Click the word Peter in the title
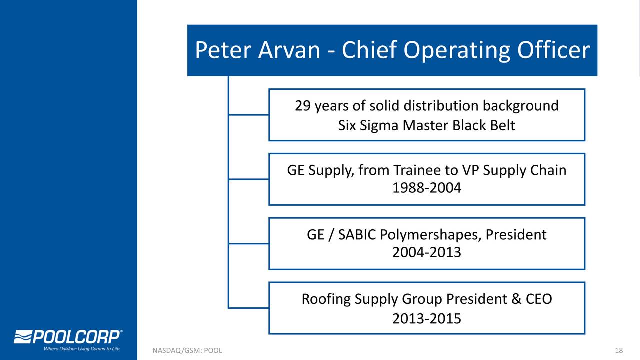tap(223, 50)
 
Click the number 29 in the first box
tap(303, 106)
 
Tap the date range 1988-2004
tap(427, 188)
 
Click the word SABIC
tap(357, 235)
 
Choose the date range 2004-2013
tap(427, 252)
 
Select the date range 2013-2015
tap(427, 319)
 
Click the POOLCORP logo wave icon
tap(23, 337)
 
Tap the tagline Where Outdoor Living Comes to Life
tap(81, 349)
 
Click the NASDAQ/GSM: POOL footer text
tap(187, 351)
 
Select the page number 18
tap(619, 350)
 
